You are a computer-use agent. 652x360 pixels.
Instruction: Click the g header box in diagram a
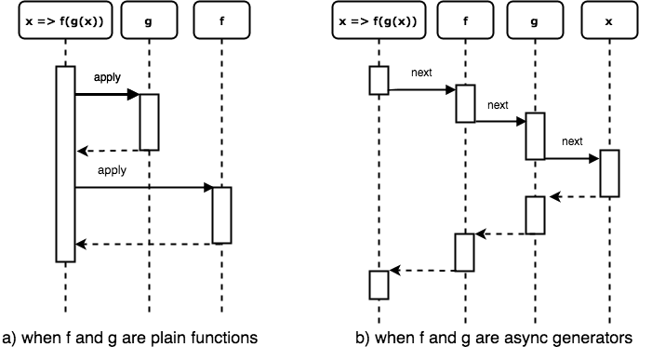click(149, 20)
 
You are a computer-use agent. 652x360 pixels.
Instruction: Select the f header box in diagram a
click(221, 20)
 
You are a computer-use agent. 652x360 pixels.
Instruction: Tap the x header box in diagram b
click(609, 20)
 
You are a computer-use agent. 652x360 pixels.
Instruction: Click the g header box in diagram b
click(535, 20)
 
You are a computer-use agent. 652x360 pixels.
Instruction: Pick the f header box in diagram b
click(465, 20)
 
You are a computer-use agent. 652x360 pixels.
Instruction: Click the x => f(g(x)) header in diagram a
click(65, 20)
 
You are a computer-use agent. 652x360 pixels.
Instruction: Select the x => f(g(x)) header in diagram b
click(379, 20)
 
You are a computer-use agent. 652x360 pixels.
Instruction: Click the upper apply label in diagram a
click(107, 78)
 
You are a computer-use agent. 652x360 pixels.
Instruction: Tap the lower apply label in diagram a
click(112, 170)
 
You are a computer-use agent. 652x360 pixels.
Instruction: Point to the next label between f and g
click(498, 105)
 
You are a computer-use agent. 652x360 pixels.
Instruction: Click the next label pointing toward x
click(572, 141)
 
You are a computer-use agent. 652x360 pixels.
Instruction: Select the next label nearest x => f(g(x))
click(421, 73)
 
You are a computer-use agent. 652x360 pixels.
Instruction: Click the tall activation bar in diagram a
click(66, 165)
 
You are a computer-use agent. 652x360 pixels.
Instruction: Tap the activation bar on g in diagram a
click(149, 122)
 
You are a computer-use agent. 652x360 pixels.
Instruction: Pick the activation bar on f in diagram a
click(222, 215)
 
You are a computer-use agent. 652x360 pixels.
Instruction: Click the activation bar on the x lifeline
click(609, 173)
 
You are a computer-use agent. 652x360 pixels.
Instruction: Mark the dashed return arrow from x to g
click(574, 197)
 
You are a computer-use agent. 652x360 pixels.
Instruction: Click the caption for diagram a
click(129, 338)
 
